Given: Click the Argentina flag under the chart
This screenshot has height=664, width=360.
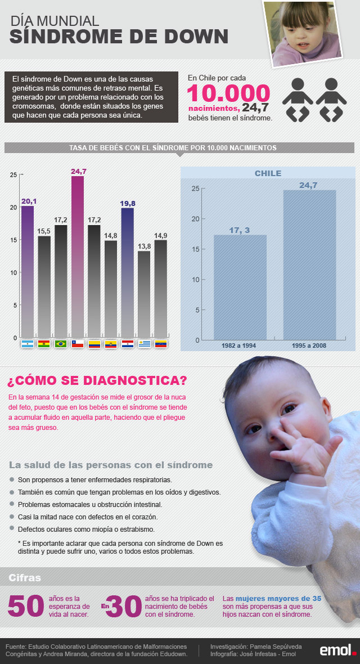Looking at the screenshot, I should coord(28,344).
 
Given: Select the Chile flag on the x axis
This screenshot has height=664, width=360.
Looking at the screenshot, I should coord(78,344).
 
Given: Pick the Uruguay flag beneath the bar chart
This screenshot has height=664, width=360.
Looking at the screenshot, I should coord(145,344).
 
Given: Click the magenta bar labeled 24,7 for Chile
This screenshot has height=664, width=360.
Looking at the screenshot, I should coord(78,256).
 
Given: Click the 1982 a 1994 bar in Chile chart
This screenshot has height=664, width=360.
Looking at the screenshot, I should coord(240,287).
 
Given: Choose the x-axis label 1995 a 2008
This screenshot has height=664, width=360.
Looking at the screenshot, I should coord(309,345).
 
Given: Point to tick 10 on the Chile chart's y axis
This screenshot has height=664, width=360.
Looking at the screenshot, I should coord(195,280).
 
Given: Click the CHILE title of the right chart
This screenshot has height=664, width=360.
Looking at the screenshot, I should coord(268,173).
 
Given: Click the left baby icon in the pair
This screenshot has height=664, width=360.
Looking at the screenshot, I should coord(298,99).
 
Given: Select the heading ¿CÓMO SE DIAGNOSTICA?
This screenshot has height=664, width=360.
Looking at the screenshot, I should coord(97,380).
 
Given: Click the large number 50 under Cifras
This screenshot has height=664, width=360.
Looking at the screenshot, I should coord(26,606).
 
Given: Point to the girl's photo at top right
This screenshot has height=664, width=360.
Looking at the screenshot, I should coord(307,33).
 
